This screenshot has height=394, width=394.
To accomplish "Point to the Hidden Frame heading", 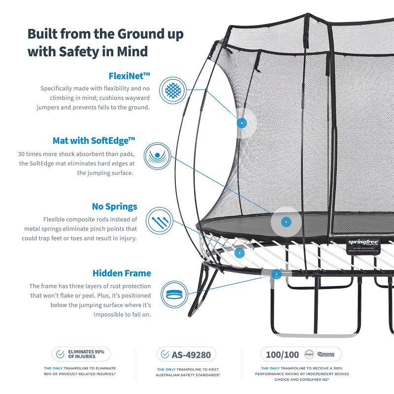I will (x=122, y=273).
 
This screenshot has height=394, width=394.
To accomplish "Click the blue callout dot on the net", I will (x=241, y=123).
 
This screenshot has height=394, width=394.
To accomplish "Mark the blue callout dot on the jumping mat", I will (x=284, y=222).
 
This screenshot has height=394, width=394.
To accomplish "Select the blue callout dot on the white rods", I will (x=240, y=253).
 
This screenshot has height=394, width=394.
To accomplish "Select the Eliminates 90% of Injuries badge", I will (x=81, y=354).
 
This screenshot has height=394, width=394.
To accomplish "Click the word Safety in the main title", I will (x=80, y=51).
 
